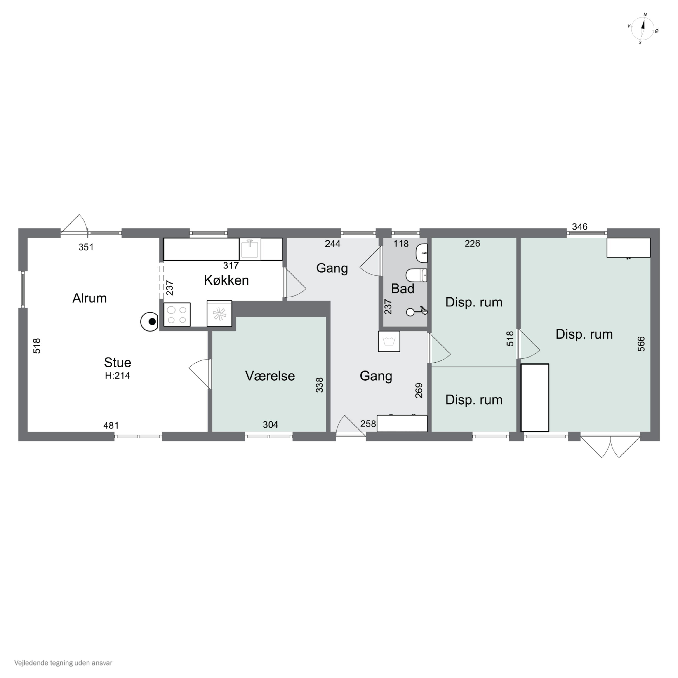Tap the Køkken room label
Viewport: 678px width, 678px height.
pos(226,280)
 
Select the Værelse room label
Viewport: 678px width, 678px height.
pos(270,376)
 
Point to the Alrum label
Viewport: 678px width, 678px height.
pos(89,298)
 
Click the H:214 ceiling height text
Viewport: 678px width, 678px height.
pos(117,375)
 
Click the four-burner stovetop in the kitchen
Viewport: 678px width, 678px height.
pos(177,314)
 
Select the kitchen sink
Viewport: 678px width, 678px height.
pos(250,249)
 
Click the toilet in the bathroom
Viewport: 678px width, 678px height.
pos(417,275)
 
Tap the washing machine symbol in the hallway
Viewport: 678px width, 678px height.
pos(389,341)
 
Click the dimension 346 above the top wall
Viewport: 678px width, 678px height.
pos(579,227)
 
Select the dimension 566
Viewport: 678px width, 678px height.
pos(641,344)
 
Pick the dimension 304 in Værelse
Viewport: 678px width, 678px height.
pos(270,425)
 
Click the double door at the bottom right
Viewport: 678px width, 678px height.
pos(610,446)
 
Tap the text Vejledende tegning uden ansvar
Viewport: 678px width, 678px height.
pos(63,663)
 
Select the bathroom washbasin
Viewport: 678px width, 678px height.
pos(421,253)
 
